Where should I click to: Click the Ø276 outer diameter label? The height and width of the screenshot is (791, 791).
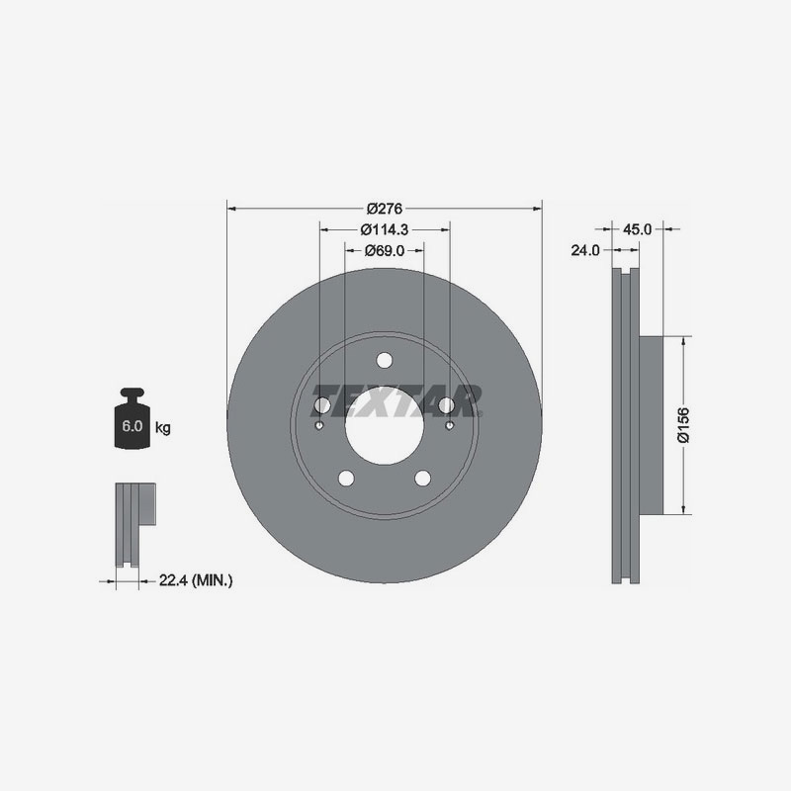click(x=385, y=209)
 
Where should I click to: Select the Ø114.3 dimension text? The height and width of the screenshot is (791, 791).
click(x=385, y=229)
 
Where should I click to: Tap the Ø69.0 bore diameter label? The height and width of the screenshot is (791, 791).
click(x=385, y=250)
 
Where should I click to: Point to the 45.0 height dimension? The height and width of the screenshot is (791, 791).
click(x=637, y=229)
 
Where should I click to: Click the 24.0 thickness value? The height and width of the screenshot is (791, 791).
click(x=585, y=250)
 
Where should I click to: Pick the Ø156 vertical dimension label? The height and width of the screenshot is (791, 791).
click(x=683, y=425)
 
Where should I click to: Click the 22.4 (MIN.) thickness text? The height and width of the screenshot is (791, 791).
click(x=196, y=580)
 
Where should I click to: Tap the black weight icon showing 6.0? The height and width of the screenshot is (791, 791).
click(x=132, y=417)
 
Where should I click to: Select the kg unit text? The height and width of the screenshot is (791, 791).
click(x=162, y=428)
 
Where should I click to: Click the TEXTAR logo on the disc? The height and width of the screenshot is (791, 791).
click(x=396, y=401)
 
